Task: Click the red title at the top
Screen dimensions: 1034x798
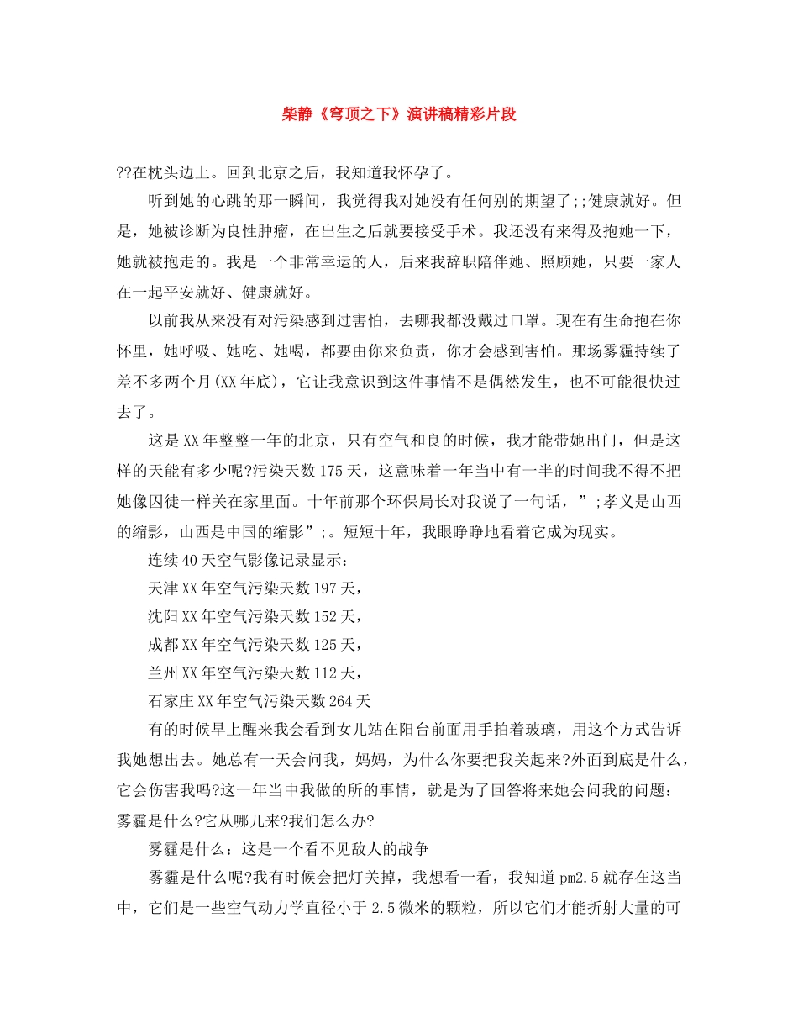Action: click(398, 114)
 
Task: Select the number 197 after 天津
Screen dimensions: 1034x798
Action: click(323, 590)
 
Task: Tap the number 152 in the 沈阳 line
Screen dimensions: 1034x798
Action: click(323, 618)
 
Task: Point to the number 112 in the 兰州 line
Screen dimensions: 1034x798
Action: click(323, 673)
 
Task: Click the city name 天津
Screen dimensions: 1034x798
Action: click(163, 590)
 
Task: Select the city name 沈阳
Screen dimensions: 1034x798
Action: click(163, 618)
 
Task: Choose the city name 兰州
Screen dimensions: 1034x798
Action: click(163, 673)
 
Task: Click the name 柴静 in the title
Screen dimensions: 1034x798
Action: click(297, 114)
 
